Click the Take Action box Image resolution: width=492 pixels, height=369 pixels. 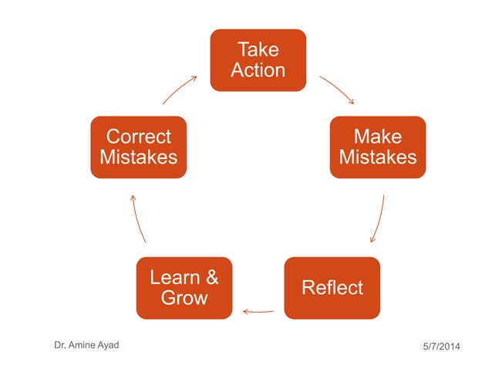tap(258, 60)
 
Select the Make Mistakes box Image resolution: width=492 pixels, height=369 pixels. tap(378, 147)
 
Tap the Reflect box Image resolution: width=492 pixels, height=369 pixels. tap(332, 288)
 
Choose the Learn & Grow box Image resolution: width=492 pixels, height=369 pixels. tap(184, 288)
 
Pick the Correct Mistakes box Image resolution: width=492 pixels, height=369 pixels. tap(138, 147)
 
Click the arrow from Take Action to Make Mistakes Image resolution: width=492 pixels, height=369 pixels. tap(337, 89)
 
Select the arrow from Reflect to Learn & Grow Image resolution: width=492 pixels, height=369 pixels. tap(258, 311)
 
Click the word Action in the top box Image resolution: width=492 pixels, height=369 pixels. tap(258, 70)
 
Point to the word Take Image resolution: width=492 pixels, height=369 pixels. tap(258, 50)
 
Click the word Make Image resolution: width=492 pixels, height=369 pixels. tap(378, 137)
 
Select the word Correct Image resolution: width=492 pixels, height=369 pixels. tap(138, 137)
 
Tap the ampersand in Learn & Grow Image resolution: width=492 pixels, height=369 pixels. tap(211, 278)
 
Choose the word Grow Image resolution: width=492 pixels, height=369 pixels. tap(184, 298)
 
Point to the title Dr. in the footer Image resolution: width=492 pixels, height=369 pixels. tap(60, 345)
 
